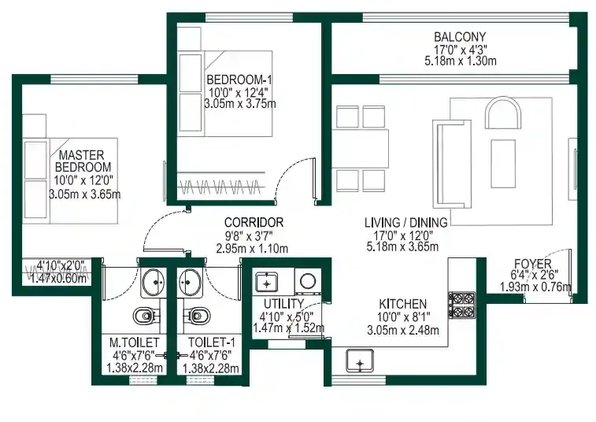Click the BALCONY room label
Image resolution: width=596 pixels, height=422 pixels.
(461, 36)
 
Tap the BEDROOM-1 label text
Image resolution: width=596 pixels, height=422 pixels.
(238, 80)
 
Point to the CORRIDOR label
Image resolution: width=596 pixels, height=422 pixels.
(253, 223)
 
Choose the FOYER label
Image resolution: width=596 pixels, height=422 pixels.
(533, 263)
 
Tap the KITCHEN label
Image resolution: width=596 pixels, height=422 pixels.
(402, 303)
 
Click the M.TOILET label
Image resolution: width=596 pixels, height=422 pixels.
(135, 342)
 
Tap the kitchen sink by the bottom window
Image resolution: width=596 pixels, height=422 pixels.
(359, 361)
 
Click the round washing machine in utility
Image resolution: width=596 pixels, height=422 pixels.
(307, 280)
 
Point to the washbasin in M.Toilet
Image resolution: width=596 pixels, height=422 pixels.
(154, 279)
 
